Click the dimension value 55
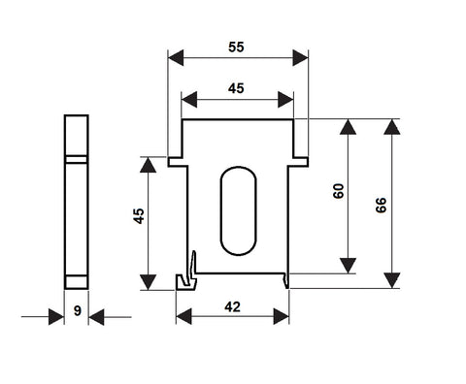pyautogui.click(x=236, y=48)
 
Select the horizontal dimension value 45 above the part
pyautogui.click(x=236, y=88)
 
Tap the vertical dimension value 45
pyautogui.click(x=139, y=216)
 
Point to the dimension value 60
pyautogui.click(x=338, y=191)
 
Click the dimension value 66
pyautogui.click(x=382, y=206)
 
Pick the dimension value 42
pyautogui.click(x=232, y=307)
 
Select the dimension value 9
pyautogui.click(x=77, y=310)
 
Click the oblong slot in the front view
pyautogui.click(x=239, y=211)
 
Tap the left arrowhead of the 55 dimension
pyautogui.click(x=176, y=58)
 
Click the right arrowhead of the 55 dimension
pyautogui.click(x=301, y=58)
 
